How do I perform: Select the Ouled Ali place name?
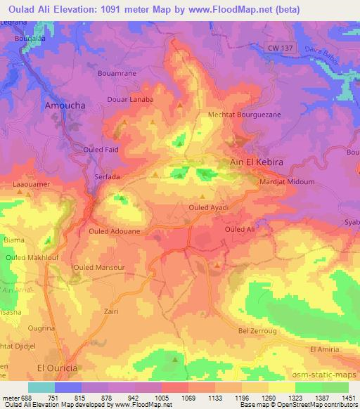239,230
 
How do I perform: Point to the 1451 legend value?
346,398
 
